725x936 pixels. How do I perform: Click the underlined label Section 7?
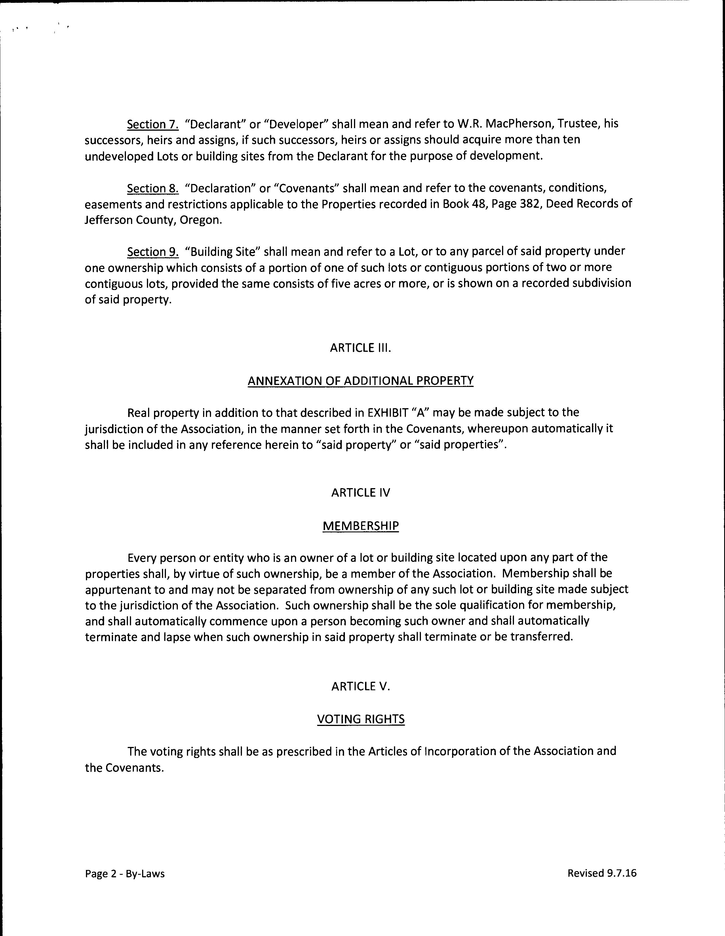click(153, 124)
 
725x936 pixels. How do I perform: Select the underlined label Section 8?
click(153, 189)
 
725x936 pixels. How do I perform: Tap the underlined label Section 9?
click(153, 251)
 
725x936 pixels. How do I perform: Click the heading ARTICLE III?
click(361, 348)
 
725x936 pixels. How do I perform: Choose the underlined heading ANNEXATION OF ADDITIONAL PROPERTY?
click(361, 381)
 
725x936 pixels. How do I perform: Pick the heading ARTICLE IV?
click(361, 493)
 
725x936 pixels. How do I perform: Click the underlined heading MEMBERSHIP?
click(361, 526)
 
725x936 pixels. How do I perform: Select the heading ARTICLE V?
click(361, 687)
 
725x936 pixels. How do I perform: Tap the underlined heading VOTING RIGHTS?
click(361, 719)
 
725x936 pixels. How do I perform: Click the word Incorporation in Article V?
click(459, 751)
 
